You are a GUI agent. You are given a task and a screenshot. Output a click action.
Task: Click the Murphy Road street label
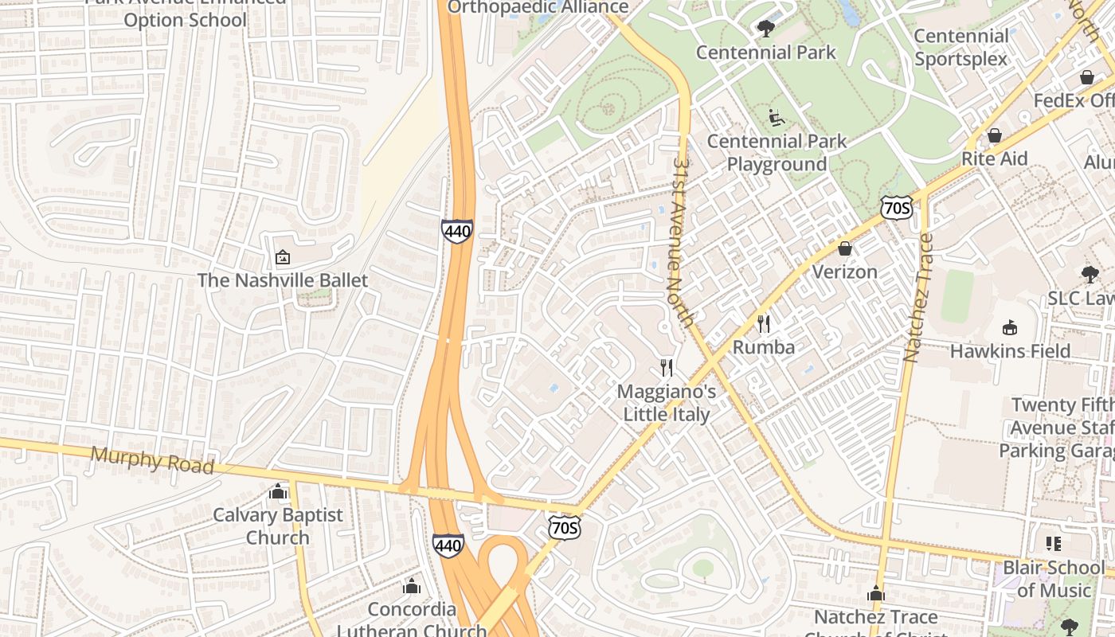pyautogui.click(x=152, y=460)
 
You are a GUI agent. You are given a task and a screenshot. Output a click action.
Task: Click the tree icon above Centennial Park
pyautogui.click(x=765, y=29)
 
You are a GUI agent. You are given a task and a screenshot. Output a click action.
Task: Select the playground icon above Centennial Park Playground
pyautogui.click(x=777, y=118)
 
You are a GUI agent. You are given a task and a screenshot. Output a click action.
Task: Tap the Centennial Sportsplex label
pyautogui.click(x=960, y=47)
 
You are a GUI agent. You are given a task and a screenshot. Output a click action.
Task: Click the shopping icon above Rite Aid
pyautogui.click(x=994, y=135)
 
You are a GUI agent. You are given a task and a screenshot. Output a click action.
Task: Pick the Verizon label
pyautogui.click(x=844, y=272)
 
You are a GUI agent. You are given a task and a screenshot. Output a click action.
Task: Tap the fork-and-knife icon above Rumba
pyautogui.click(x=763, y=323)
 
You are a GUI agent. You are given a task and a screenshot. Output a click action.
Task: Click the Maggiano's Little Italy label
pyautogui.click(x=666, y=403)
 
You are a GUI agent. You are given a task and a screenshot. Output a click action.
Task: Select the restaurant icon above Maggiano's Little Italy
pyautogui.click(x=667, y=368)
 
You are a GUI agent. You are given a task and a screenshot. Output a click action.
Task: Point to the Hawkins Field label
pyautogui.click(x=1010, y=351)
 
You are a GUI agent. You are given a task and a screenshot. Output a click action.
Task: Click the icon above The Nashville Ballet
pyautogui.click(x=282, y=257)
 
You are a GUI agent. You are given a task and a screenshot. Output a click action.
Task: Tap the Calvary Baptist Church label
pyautogui.click(x=277, y=526)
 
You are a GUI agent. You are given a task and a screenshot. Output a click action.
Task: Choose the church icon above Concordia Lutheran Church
pyautogui.click(x=411, y=587)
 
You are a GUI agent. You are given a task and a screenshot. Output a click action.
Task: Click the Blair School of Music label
pyautogui.click(x=1053, y=579)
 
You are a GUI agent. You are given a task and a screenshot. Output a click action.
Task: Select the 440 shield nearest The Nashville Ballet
pyautogui.click(x=457, y=232)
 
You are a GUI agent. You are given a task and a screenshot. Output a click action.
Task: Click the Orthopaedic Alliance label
pyautogui.click(x=538, y=7)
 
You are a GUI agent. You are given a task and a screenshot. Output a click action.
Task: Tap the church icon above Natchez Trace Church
pyautogui.click(x=875, y=594)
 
